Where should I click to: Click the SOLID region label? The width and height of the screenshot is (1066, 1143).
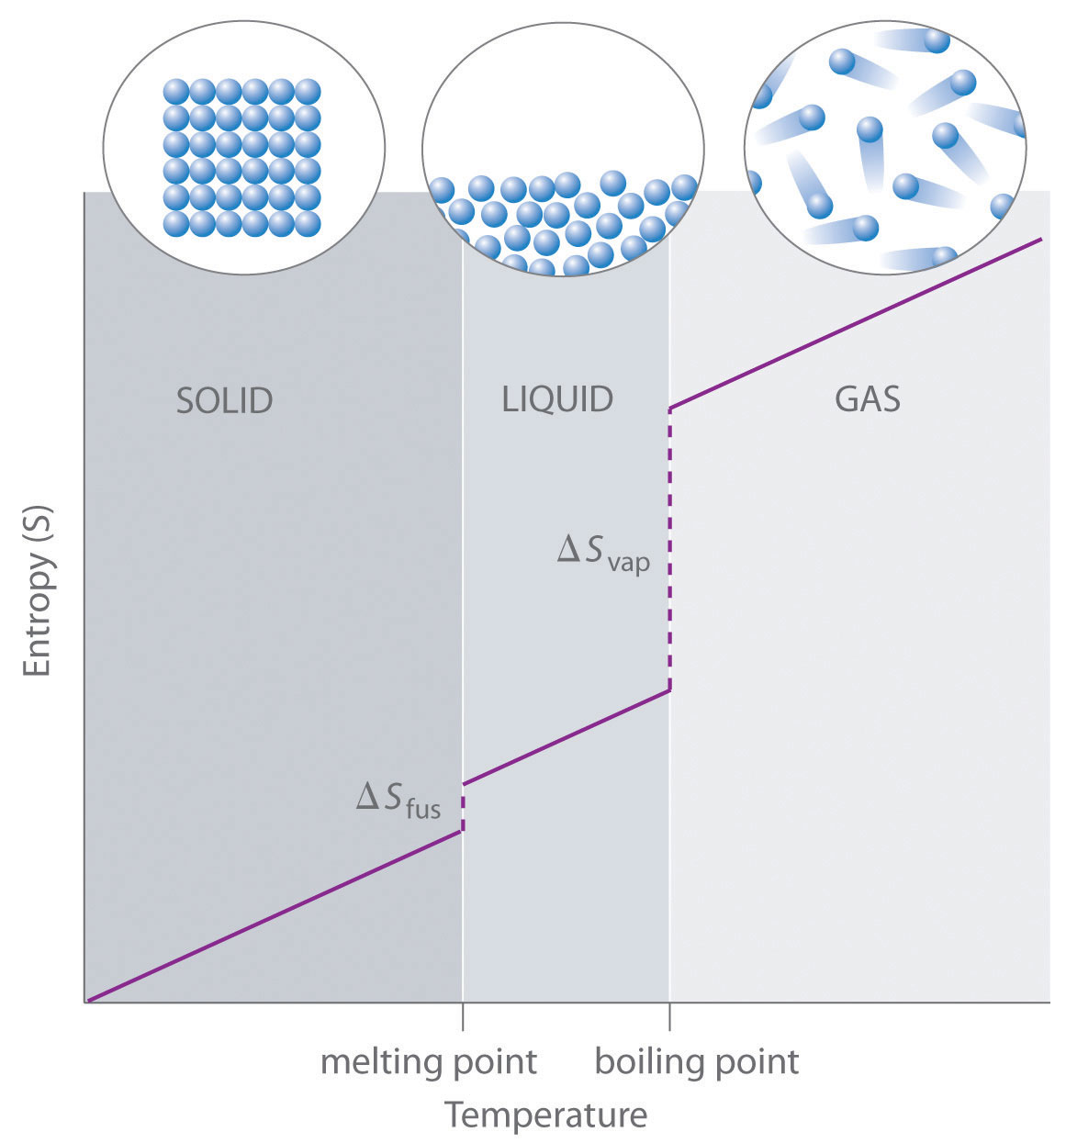[x=224, y=401]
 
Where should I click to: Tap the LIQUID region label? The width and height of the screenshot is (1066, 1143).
[x=557, y=399]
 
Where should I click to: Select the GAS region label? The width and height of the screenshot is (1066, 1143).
[x=867, y=399]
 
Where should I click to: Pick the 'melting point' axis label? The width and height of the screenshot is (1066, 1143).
[x=428, y=1062]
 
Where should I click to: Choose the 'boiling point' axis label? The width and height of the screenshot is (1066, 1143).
[x=697, y=1062]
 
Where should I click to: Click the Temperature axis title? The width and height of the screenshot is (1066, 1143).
[x=545, y=1115]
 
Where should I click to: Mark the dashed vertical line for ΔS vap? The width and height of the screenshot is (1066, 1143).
[x=670, y=551]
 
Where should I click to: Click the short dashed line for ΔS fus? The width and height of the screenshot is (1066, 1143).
[x=462, y=808]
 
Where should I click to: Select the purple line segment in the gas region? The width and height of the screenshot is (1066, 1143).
[x=854, y=324]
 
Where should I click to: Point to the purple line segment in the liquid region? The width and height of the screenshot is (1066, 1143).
[x=566, y=737]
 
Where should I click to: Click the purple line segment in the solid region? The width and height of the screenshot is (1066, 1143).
[x=275, y=915]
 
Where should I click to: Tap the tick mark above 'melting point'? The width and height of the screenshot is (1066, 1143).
[x=462, y=1017]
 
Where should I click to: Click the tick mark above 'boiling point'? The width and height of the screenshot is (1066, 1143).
[x=669, y=1017]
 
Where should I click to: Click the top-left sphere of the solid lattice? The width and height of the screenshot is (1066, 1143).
[x=176, y=92]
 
